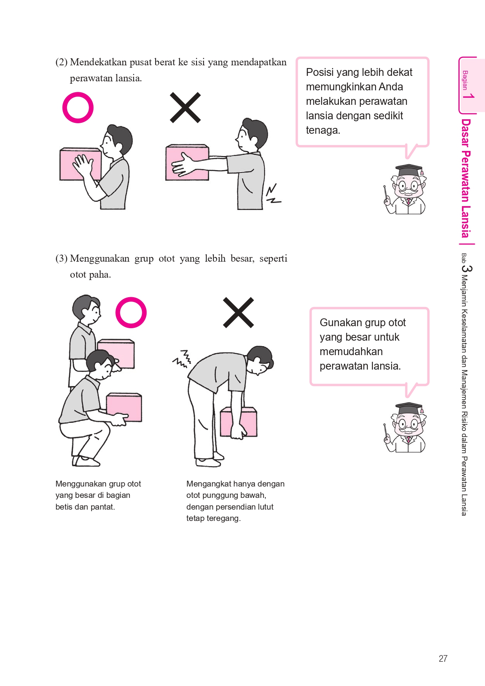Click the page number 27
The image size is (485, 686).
pyautogui.click(x=443, y=659)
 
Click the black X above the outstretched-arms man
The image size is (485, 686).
pyautogui.click(x=185, y=108)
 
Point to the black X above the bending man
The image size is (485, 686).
pyautogui.click(x=238, y=312)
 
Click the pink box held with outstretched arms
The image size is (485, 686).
pyautogui.click(x=187, y=162)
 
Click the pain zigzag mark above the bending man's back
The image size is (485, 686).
pyautogui.click(x=182, y=359)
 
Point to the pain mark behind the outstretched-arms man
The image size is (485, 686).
pyautogui.click(x=273, y=194)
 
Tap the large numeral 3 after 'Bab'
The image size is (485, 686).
pyautogui.click(x=467, y=268)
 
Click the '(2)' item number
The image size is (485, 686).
pyautogui.click(x=61, y=62)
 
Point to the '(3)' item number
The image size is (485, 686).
pyautogui.click(x=61, y=259)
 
